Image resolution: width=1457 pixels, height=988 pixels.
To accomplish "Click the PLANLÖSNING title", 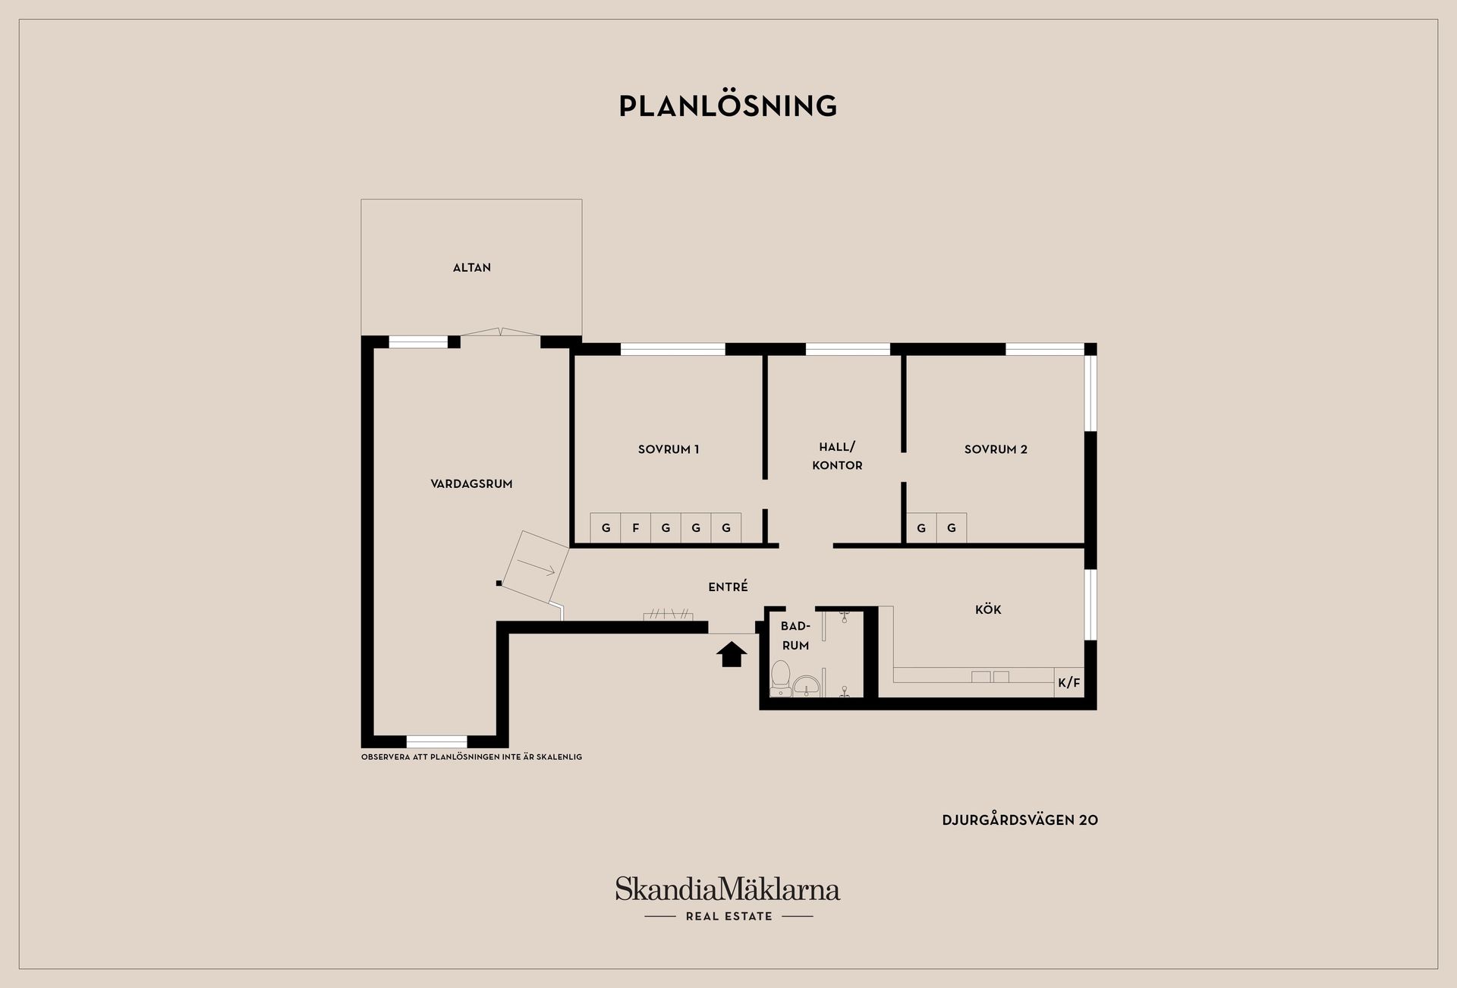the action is [728, 105].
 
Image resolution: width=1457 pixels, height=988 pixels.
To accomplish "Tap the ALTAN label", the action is [472, 268].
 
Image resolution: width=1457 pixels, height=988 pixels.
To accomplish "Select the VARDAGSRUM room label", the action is [471, 484].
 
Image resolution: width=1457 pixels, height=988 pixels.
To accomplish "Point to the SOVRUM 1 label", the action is [669, 449].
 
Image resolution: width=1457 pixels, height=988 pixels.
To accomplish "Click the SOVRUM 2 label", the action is [996, 449].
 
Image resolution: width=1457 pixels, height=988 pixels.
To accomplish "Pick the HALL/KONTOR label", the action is [837, 456].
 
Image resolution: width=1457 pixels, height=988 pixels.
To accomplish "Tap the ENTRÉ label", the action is [728, 587].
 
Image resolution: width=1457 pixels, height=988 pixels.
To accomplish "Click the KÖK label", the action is [988, 609].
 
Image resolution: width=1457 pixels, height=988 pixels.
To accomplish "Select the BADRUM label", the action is [795, 636].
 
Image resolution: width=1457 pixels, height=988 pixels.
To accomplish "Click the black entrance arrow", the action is [732, 654].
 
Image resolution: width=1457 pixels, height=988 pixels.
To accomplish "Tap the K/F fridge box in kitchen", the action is [1069, 683].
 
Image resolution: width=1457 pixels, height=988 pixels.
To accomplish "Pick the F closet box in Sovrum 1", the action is [636, 528].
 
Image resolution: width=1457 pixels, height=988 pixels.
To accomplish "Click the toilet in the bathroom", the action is [780, 678].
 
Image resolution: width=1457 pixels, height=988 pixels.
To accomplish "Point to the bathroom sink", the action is [807, 685].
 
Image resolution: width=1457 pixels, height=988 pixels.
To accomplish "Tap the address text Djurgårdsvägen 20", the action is [1020, 820].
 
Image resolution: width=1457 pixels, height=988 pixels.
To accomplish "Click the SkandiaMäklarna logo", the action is [728, 889].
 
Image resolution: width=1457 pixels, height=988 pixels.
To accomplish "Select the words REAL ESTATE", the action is [728, 917].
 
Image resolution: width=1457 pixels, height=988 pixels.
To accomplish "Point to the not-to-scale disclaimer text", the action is [471, 757].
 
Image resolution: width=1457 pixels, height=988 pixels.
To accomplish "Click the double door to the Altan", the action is [501, 332].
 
